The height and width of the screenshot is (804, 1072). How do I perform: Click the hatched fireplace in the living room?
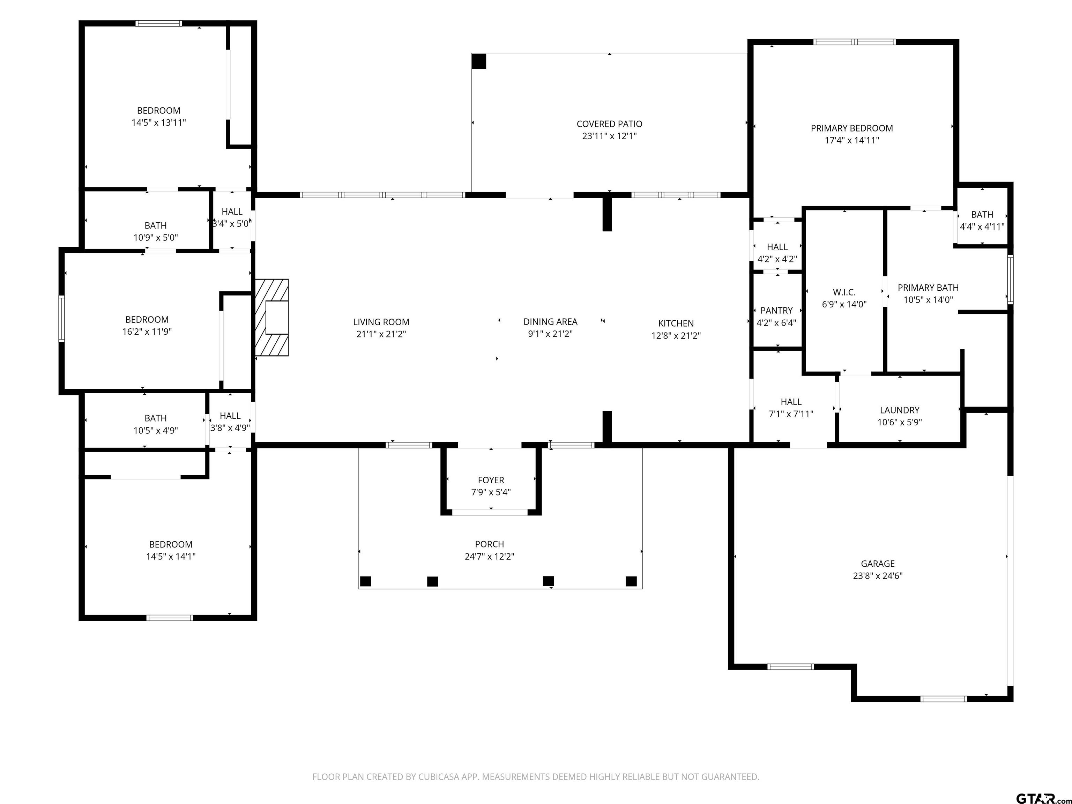(x=272, y=318)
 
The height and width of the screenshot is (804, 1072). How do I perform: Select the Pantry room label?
(x=776, y=311)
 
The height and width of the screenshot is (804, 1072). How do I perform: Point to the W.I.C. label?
(x=844, y=292)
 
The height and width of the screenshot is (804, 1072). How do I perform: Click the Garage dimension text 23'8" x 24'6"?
(x=878, y=576)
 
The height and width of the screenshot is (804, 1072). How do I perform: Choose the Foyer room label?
(x=491, y=480)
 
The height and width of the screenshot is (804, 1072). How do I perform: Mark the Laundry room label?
(x=900, y=410)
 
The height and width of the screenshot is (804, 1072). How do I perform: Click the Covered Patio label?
(x=609, y=124)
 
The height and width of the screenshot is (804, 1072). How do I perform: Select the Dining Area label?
(x=550, y=322)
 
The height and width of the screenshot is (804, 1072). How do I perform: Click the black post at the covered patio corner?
(x=479, y=61)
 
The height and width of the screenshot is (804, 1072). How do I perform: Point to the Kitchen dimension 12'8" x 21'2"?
(x=676, y=335)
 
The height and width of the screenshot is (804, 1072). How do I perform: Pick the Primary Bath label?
(x=928, y=288)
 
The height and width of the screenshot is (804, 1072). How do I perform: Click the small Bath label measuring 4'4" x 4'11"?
(x=982, y=215)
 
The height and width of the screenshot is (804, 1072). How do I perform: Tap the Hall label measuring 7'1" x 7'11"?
(x=791, y=402)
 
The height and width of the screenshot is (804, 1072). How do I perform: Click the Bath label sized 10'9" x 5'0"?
(x=156, y=226)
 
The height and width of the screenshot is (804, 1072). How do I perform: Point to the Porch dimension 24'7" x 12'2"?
(x=490, y=556)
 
